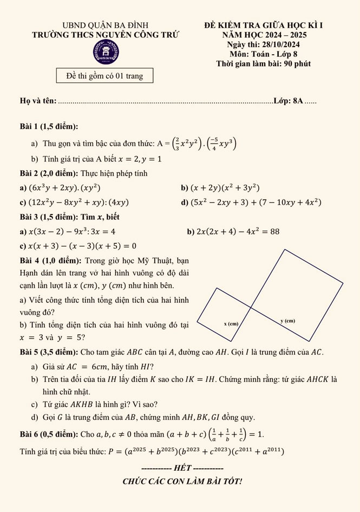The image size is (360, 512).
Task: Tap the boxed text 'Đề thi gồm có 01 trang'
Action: tap(104, 76)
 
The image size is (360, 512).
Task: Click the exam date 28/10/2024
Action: tap(282, 44)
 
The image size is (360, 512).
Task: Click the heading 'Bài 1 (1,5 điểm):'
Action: tap(49, 126)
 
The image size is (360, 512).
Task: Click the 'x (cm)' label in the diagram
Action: tap(231, 324)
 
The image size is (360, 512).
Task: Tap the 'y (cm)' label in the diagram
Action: tap(287, 321)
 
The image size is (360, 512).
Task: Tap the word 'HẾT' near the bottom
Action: tap(181, 468)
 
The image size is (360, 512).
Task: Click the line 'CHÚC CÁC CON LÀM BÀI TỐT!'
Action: tap(182, 481)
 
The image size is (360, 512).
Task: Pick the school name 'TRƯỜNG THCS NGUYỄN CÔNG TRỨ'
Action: tap(105, 35)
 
